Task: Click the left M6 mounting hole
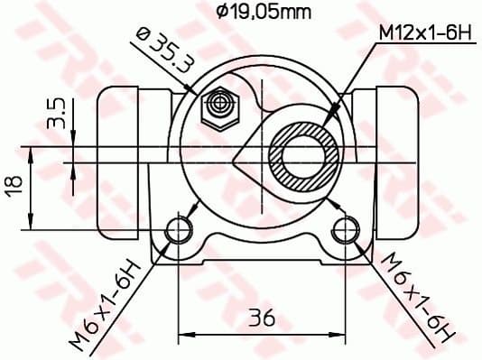(181, 230)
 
